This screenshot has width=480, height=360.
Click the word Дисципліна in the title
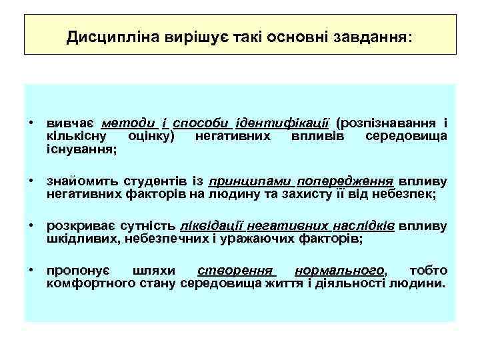coord(103,37)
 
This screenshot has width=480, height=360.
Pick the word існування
coord(79,149)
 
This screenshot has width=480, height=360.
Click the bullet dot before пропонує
coord(31,271)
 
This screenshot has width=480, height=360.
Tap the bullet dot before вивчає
coord(31,123)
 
